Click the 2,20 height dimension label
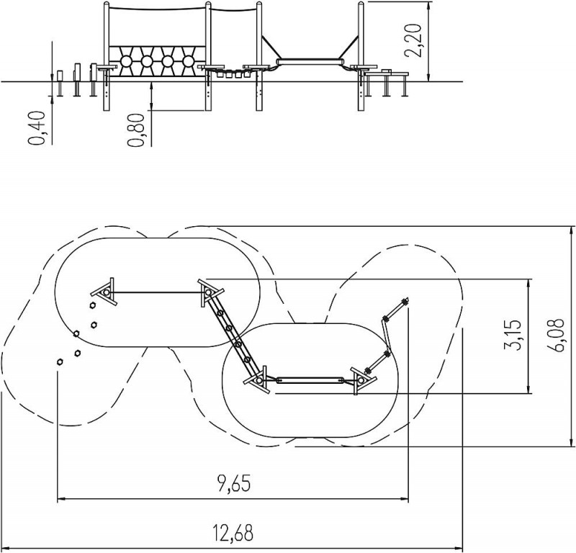412,40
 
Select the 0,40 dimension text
37,128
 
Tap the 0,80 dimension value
136,130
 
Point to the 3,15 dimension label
513,335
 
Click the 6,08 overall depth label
555,335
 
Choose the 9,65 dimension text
233,484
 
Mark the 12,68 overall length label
233,532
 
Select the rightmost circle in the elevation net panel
188,61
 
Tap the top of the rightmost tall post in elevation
361,3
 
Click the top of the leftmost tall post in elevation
106,3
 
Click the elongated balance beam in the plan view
310,380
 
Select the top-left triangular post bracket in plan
104,292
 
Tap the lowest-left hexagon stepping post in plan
60,362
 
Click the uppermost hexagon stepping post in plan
92,305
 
